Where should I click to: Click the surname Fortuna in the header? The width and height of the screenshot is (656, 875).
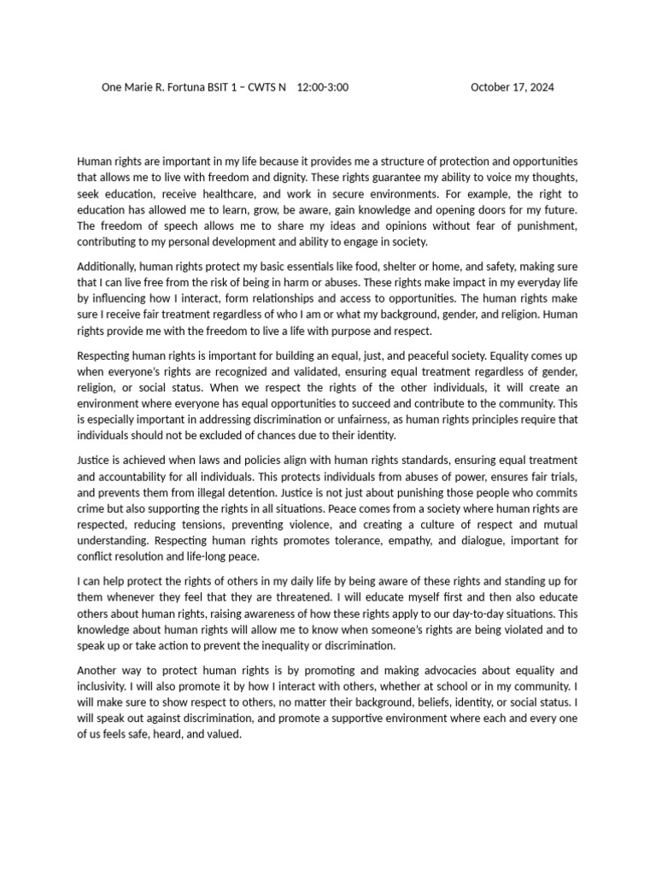tap(186, 87)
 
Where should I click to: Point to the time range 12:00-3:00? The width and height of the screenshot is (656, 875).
tap(322, 87)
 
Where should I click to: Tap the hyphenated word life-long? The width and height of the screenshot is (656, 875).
tap(202, 558)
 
